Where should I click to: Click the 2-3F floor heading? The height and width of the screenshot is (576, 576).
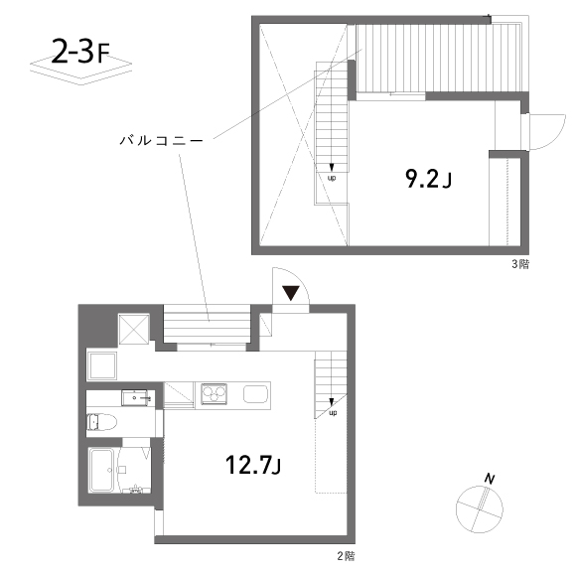click(x=80, y=52)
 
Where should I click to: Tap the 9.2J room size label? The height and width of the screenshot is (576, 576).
click(x=428, y=180)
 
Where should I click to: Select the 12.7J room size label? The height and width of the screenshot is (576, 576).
click(x=253, y=465)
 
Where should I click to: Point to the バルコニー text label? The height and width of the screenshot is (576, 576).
click(x=161, y=141)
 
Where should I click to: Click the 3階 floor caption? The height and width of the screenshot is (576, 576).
click(x=520, y=264)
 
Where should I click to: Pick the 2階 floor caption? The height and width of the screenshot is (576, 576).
click(x=346, y=556)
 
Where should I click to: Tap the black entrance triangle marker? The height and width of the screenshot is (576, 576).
click(x=291, y=293)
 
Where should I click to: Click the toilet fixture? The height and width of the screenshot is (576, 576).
click(x=101, y=422)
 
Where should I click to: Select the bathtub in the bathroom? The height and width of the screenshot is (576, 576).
click(x=103, y=470)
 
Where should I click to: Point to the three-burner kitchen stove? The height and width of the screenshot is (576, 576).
click(x=214, y=394)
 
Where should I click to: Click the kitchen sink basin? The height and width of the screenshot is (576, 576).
click(x=256, y=394)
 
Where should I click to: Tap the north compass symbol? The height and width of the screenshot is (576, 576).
click(x=479, y=509)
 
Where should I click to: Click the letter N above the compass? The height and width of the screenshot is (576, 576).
click(x=490, y=479)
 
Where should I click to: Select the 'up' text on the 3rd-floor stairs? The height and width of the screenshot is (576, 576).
click(x=332, y=178)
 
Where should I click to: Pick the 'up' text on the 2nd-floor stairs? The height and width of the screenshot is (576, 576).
click(x=333, y=412)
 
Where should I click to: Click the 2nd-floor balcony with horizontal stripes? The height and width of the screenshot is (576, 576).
click(x=207, y=324)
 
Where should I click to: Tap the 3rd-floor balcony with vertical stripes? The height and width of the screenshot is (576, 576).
click(x=439, y=58)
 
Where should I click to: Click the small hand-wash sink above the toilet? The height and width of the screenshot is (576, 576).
click(x=134, y=398)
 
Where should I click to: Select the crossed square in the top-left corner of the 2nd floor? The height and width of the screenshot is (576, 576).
click(x=134, y=329)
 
